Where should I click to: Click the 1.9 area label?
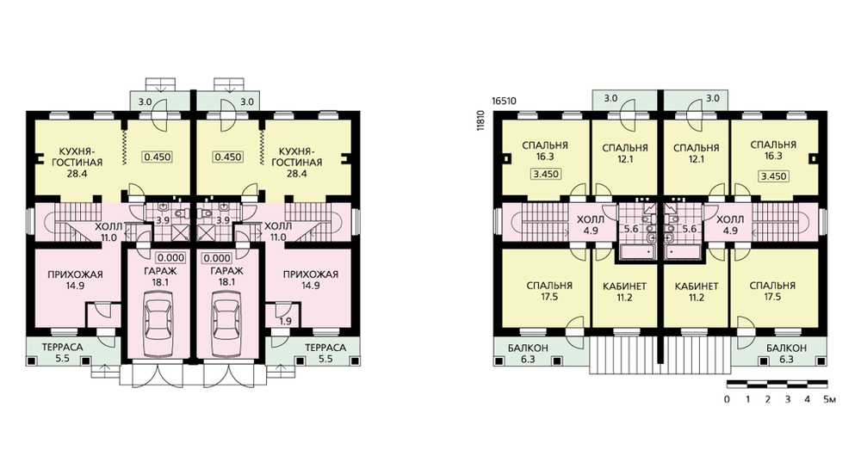tap(285, 322)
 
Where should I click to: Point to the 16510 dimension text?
tap(504, 102)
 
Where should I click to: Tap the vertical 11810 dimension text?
tap(481, 120)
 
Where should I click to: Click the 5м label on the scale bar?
tap(829, 399)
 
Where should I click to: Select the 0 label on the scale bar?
tap(727, 399)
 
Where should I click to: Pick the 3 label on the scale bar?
tap(788, 399)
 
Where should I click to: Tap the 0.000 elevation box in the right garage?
tap(217, 258)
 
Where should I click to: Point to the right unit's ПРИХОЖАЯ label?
tap(311, 274)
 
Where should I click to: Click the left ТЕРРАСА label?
tap(62, 348)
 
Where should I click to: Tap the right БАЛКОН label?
tap(787, 348)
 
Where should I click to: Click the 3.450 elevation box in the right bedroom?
tap(773, 176)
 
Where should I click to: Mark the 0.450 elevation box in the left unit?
tap(158, 157)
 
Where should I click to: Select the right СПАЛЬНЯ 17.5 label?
tap(772, 291)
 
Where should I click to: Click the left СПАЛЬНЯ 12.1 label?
tap(625, 153)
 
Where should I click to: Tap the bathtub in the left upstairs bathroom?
tap(638, 252)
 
